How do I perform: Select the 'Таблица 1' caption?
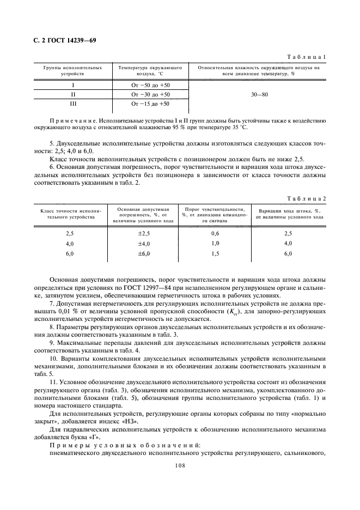308,57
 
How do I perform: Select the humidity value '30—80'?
259,94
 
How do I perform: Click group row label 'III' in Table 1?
72,103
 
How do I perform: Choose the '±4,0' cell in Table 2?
143,243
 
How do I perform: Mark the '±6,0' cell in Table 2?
143,253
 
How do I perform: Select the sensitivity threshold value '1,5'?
215,253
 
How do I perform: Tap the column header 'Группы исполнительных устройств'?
72,70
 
